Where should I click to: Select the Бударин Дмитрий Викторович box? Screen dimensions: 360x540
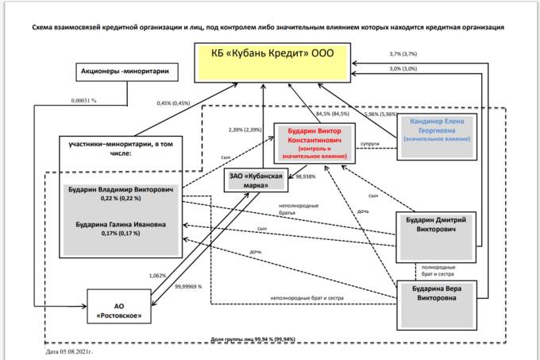(437, 227)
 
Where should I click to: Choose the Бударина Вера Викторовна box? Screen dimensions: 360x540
(437, 292)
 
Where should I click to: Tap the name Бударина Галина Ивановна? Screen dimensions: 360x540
(122, 225)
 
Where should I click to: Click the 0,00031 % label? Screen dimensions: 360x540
(83, 101)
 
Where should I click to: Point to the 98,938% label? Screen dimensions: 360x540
(307, 177)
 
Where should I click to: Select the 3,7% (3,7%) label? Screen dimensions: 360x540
(403, 54)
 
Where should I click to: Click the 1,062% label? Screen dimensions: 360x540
(157, 276)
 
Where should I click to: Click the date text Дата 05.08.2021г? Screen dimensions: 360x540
(70, 350)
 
